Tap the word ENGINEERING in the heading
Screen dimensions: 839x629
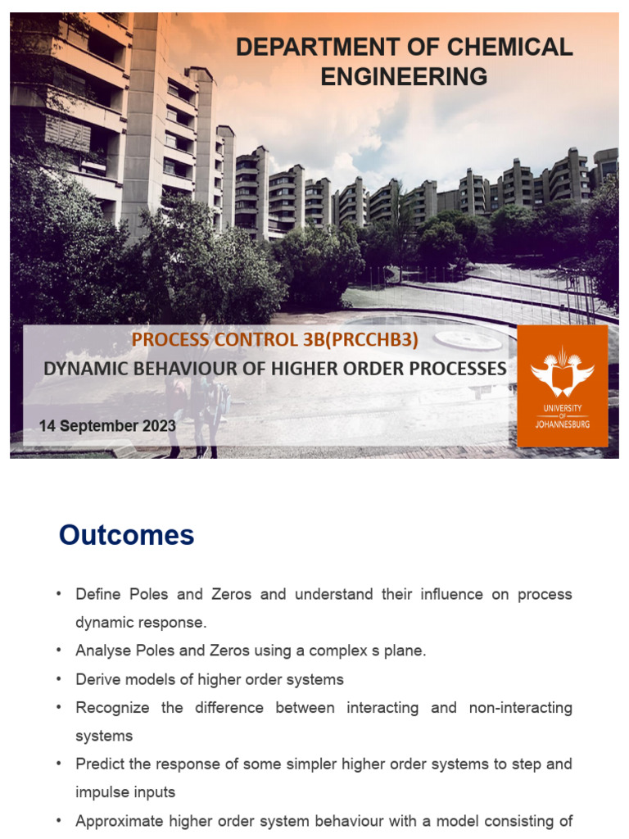click(x=404, y=77)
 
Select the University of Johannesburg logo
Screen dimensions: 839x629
click(x=562, y=385)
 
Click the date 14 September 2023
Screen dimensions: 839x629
click(x=107, y=426)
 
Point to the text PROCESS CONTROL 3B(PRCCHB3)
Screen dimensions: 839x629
click(x=281, y=340)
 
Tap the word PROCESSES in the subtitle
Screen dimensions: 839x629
click(x=455, y=369)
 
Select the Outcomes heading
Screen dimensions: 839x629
click(x=126, y=535)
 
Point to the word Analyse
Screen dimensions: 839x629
click(x=102, y=651)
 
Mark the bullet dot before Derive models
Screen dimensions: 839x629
click(x=59, y=679)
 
